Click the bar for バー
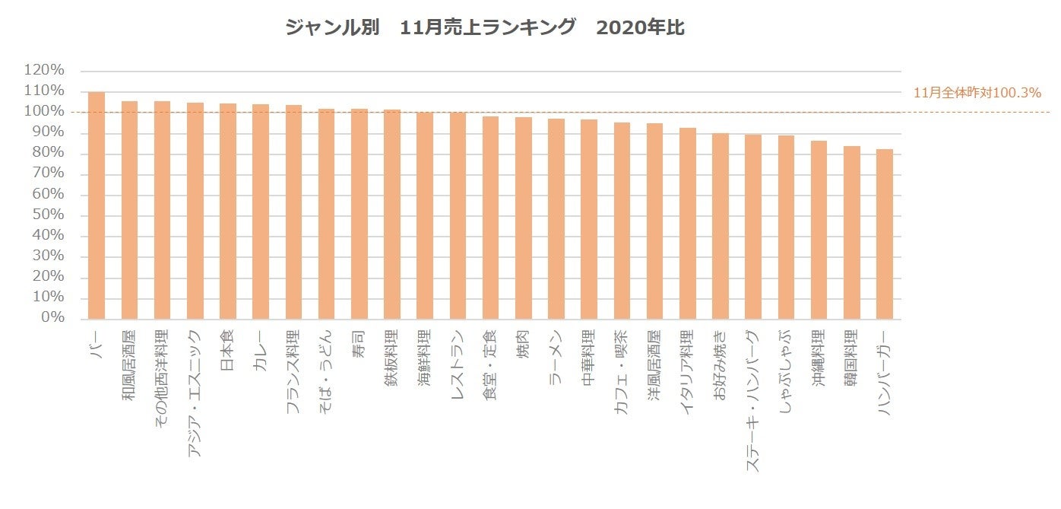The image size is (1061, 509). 97,205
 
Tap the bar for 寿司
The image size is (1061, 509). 359,214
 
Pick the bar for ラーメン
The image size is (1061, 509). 556,219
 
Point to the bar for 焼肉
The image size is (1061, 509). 524,218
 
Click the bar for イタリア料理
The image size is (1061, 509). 688,224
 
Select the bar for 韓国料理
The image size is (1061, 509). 852,233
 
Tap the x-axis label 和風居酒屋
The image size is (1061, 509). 129,364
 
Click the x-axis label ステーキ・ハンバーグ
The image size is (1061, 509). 753,400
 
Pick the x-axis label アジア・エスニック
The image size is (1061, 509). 195,393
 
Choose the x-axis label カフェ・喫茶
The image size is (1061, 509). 622,371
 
